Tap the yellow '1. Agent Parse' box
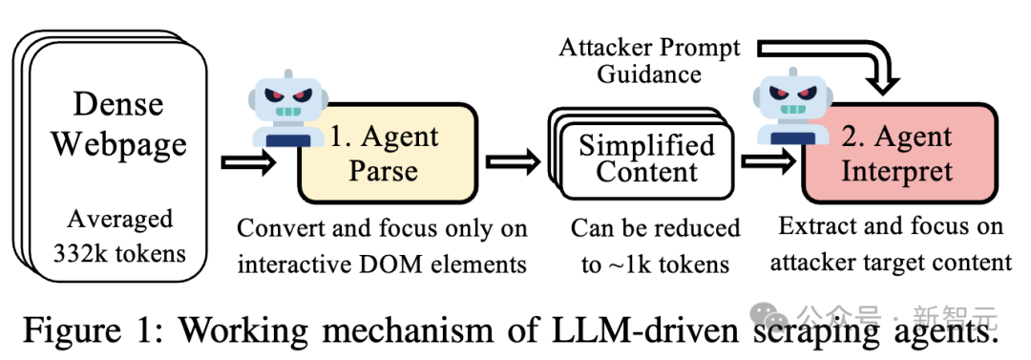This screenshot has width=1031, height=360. pos(387,153)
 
